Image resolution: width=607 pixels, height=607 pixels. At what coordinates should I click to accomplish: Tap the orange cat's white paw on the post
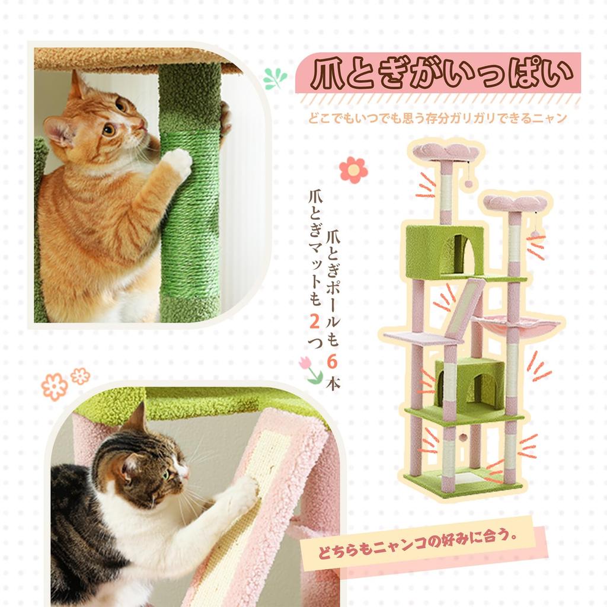[178, 162]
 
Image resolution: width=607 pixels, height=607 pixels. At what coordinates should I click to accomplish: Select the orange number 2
[315, 321]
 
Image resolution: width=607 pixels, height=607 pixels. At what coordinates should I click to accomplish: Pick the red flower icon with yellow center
[353, 170]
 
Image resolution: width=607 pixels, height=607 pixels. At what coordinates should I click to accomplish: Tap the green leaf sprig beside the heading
[274, 78]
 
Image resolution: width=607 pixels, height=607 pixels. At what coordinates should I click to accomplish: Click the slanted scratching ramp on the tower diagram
[467, 310]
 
